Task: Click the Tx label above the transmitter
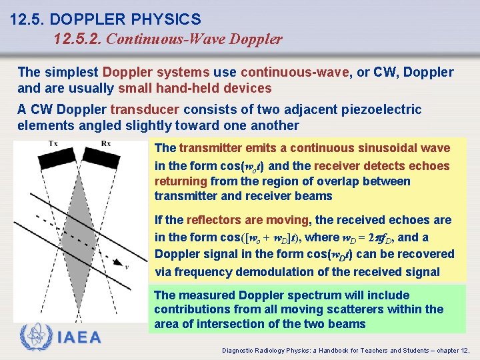click(x=52, y=144)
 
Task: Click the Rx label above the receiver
click(x=106, y=144)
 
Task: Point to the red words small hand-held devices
click(x=195, y=88)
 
